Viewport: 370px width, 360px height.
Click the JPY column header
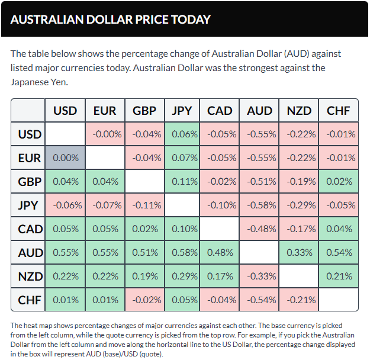(x=182, y=110)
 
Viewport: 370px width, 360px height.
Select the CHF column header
(x=338, y=110)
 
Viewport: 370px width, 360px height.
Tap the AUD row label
(x=29, y=252)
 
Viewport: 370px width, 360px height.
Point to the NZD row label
(x=29, y=276)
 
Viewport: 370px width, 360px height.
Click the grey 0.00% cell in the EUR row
(x=65, y=157)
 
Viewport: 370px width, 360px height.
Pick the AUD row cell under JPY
(x=182, y=252)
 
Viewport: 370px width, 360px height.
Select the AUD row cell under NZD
(x=299, y=252)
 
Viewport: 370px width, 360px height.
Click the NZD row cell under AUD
(x=260, y=276)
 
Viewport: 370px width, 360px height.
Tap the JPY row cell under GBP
(x=143, y=205)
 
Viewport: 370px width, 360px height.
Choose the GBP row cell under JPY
(x=182, y=181)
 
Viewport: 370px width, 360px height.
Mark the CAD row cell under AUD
(x=260, y=229)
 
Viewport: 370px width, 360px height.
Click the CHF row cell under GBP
(x=143, y=300)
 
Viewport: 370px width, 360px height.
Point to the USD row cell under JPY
(x=182, y=134)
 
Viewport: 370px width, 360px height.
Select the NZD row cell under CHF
(x=338, y=276)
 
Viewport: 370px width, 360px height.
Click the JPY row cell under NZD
(x=299, y=205)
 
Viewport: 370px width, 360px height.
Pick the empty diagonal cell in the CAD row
(x=221, y=229)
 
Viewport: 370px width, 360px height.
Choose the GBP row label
(x=29, y=181)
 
